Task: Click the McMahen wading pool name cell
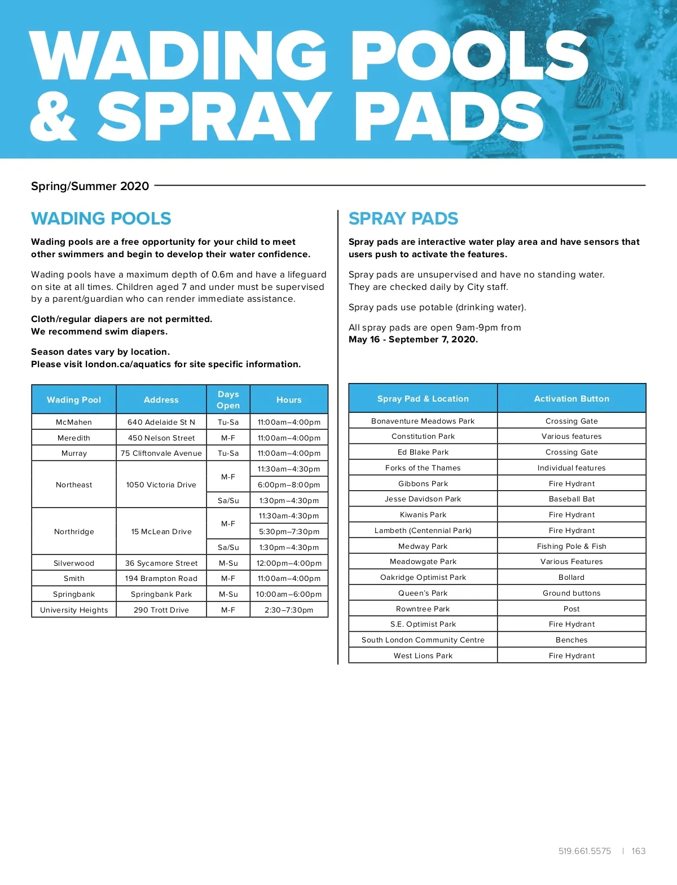point(74,422)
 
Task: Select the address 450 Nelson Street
point(161,438)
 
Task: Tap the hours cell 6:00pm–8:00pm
point(289,485)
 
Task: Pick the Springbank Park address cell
point(161,594)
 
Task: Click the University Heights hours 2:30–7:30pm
point(289,610)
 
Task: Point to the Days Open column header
point(228,399)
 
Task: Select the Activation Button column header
point(572,399)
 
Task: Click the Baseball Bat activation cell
point(572,499)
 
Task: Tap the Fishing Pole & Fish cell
point(572,546)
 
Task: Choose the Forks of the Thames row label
point(423,468)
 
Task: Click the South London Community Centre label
point(423,640)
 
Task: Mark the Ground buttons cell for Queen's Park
point(572,593)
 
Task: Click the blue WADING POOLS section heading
point(102,218)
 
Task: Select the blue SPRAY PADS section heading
point(403,218)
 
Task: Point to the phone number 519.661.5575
point(584,851)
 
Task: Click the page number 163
point(638,851)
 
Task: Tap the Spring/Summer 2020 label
point(90,186)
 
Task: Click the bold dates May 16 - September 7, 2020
point(413,339)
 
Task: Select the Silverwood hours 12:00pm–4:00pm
point(289,563)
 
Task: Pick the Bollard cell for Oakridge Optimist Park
point(572,577)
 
